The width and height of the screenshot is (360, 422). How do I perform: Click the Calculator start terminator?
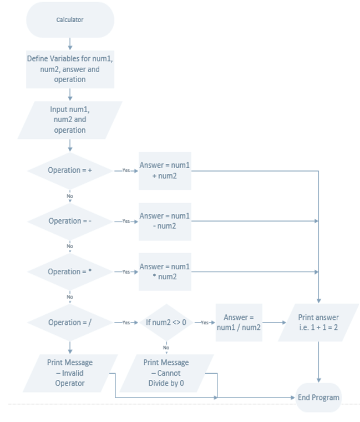70,20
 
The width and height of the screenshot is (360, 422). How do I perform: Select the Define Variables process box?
70,69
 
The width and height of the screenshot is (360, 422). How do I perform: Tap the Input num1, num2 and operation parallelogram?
70,120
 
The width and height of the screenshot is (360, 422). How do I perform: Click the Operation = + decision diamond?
70,170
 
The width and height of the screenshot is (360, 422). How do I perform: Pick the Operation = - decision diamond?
70,221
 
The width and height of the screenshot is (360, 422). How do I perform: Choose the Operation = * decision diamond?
70,272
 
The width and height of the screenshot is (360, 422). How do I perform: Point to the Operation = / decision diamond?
70,323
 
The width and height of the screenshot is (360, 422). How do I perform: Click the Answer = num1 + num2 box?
164,170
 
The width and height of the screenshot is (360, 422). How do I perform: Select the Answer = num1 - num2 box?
164,221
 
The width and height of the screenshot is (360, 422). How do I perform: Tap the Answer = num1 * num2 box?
164,272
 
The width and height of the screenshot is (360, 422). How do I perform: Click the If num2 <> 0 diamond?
166,323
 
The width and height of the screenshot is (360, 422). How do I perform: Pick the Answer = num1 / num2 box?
239,323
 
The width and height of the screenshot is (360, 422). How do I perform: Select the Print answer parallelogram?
318,323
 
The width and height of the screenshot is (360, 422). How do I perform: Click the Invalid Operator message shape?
70,373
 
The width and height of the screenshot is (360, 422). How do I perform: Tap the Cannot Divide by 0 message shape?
166,373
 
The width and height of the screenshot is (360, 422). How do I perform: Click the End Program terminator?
318,398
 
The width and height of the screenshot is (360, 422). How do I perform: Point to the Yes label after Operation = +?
126,170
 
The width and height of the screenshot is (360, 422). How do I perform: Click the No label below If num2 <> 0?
166,348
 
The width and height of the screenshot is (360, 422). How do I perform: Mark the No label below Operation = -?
70,246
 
